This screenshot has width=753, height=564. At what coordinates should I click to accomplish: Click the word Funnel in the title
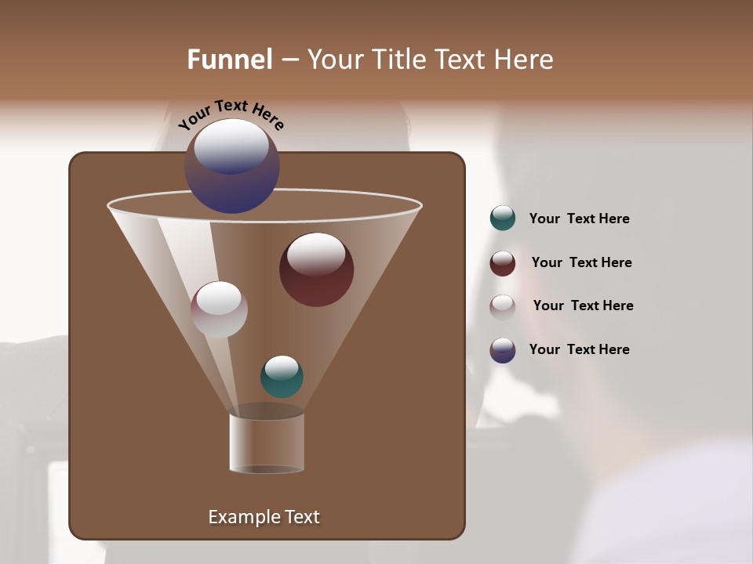(230, 60)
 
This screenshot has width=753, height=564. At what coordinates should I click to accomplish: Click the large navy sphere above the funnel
(232, 166)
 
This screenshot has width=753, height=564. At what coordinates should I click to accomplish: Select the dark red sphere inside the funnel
(316, 269)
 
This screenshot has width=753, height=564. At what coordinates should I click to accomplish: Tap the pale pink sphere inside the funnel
(219, 309)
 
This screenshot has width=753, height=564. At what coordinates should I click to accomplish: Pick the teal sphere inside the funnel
(282, 377)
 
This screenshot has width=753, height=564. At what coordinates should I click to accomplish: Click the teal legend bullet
(503, 219)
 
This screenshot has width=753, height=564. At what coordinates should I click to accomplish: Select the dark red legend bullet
(503, 263)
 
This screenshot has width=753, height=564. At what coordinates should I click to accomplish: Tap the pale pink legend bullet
(503, 306)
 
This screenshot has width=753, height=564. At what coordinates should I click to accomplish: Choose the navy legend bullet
(503, 350)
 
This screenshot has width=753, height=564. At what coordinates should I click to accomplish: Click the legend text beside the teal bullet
(579, 219)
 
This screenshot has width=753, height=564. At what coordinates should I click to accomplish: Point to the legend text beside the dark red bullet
(581, 262)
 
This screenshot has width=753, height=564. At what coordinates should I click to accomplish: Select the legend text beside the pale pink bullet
(583, 305)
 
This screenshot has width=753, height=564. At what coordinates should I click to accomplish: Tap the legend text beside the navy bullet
(579, 349)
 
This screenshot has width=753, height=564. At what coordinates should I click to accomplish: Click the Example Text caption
(264, 517)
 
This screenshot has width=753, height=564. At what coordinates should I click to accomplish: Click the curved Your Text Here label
(231, 114)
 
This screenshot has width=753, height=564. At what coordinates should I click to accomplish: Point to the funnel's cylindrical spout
(267, 443)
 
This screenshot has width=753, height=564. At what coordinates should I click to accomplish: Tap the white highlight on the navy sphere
(231, 145)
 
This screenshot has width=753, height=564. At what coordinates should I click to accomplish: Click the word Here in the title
(526, 60)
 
